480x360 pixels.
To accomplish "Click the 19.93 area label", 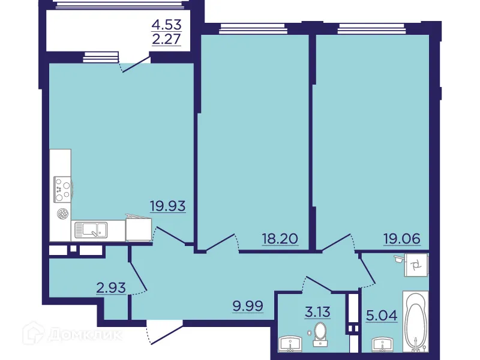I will click(167, 206).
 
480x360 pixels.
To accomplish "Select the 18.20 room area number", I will click(280, 239).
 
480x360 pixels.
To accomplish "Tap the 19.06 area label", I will click(402, 239).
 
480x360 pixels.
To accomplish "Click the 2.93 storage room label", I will click(111, 287).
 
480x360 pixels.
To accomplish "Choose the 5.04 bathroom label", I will click(381, 314).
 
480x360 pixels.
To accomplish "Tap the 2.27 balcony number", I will click(166, 41).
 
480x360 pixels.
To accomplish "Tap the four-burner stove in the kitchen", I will click(62, 189).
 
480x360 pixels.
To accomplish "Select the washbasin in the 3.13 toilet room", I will click(292, 344).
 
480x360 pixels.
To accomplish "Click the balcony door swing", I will click(135, 63).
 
